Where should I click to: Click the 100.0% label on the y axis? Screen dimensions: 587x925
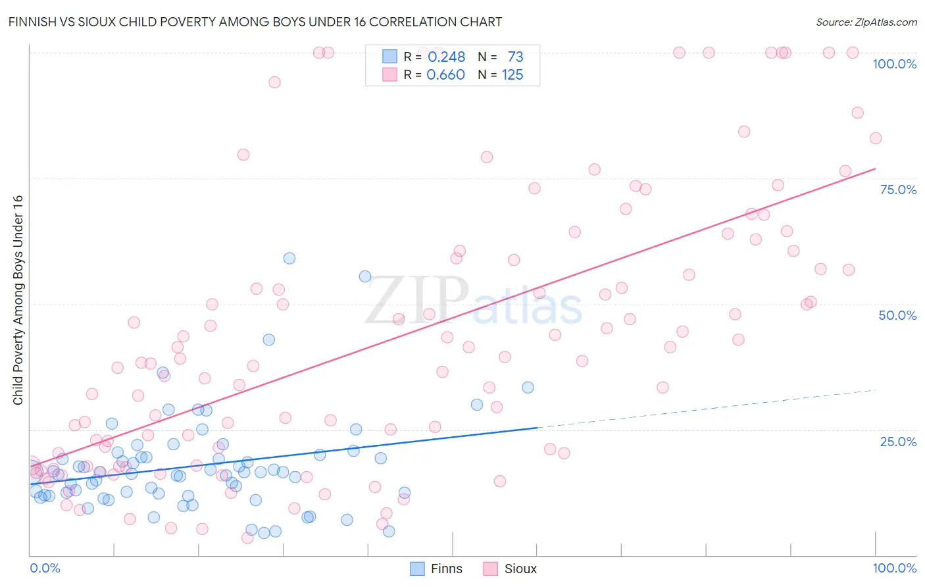point(894,64)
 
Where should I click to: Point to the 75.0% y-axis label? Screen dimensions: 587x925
point(898,190)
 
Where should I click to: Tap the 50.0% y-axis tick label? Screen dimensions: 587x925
point(897,315)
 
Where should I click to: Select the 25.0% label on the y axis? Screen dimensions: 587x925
point(898,442)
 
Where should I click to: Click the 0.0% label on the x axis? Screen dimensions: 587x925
point(45,568)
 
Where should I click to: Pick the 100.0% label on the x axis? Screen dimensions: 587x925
point(894,568)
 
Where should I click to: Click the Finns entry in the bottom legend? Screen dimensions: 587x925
point(446,569)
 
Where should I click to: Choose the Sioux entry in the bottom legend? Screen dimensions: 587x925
point(520,569)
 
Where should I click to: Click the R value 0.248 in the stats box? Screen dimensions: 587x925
point(446,57)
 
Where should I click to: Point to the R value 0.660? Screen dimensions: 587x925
point(445,75)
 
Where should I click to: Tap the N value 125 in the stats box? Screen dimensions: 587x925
point(512,75)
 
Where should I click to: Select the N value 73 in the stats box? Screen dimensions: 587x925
point(515,57)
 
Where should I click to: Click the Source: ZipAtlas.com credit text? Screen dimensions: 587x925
point(866,22)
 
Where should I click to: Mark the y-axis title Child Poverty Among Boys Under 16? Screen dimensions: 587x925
point(18,300)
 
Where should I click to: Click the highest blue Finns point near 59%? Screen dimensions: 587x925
point(289,259)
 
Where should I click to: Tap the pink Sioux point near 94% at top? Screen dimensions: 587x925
point(274,82)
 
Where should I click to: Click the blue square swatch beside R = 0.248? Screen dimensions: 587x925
point(390,57)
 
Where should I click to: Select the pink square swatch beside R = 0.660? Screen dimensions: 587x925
point(390,74)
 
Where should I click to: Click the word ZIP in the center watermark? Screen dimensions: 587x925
point(416,299)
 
